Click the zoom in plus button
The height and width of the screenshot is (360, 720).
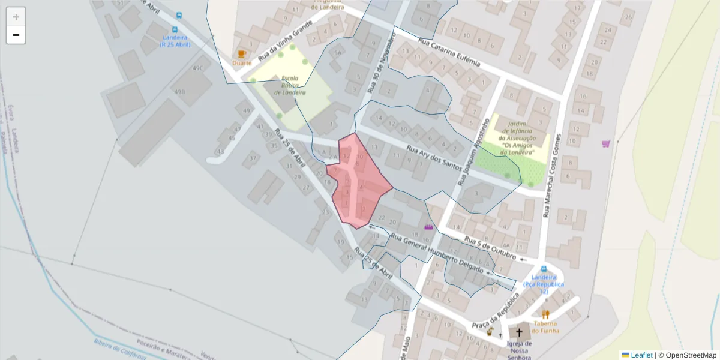coord(16,17)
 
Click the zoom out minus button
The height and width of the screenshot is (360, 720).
coord(16,35)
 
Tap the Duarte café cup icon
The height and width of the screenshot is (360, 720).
coord(242,54)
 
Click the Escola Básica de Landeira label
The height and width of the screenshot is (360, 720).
coord(290,85)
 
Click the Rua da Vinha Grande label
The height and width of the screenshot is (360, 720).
coord(286,41)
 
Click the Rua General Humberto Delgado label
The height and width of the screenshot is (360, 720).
coord(436,252)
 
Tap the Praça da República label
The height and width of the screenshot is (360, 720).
coord(495,310)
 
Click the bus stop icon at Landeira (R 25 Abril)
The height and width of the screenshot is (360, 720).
coord(175,30)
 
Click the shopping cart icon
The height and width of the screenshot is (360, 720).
coord(606,143)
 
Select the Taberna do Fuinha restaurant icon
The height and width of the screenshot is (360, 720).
coord(545,314)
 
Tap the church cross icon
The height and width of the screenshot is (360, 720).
coord(519,332)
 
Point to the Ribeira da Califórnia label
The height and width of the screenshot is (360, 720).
coord(120,349)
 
